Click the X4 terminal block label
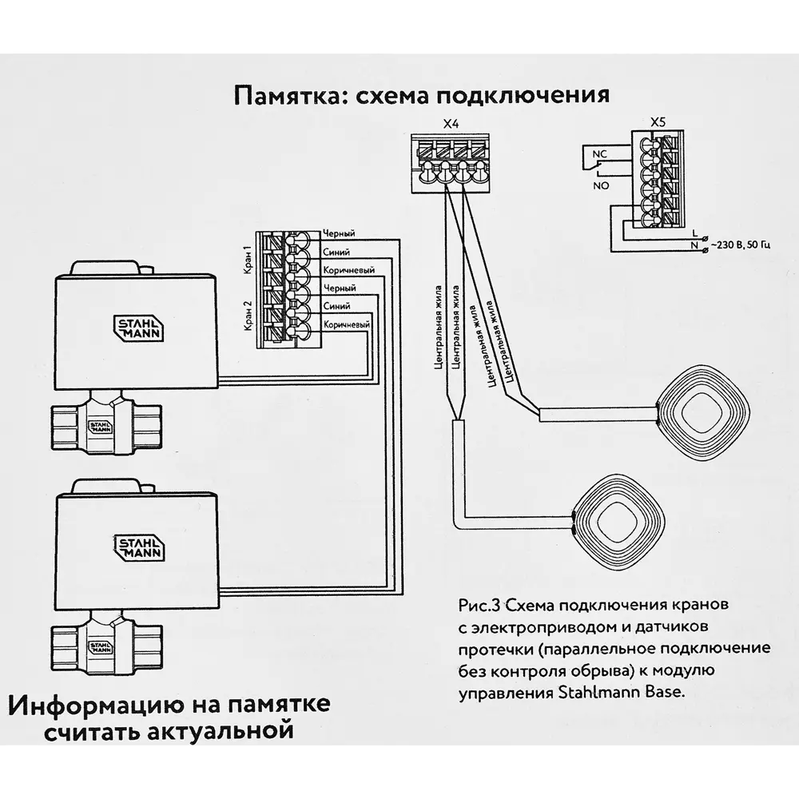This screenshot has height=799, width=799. (451, 124)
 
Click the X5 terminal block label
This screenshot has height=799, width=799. (658, 122)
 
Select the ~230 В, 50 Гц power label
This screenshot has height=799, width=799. (738, 244)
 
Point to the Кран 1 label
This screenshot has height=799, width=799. (248, 259)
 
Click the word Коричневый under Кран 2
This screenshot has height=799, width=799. (346, 324)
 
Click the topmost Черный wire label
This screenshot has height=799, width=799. (339, 234)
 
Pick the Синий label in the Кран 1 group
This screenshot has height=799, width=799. (336, 252)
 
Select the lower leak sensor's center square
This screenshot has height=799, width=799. (619, 519)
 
